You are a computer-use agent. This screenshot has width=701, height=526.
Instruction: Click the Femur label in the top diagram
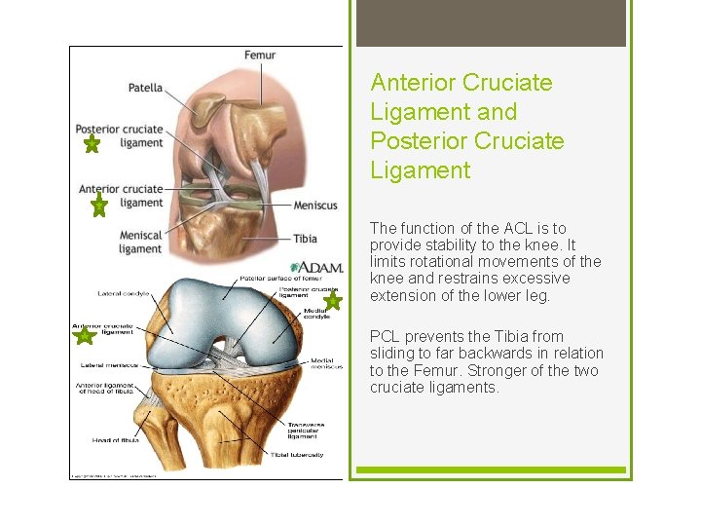click(260, 56)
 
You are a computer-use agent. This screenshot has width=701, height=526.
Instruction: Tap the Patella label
click(145, 88)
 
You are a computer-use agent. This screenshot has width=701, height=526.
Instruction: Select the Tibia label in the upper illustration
click(305, 238)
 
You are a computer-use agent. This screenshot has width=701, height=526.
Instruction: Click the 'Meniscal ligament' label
click(140, 242)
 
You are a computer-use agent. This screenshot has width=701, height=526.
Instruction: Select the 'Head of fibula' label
click(116, 440)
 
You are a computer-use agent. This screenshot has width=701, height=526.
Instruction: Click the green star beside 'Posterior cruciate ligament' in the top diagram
click(91, 145)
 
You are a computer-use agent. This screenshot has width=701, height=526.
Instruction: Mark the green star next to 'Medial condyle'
click(333, 302)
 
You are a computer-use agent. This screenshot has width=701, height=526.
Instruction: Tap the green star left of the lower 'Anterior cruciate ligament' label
click(84, 336)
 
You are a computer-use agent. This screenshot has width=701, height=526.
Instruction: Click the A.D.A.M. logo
click(314, 266)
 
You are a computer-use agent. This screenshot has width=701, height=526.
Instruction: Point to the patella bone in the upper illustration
click(205, 109)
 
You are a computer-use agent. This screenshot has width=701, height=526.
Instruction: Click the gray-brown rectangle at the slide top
click(491, 22)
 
